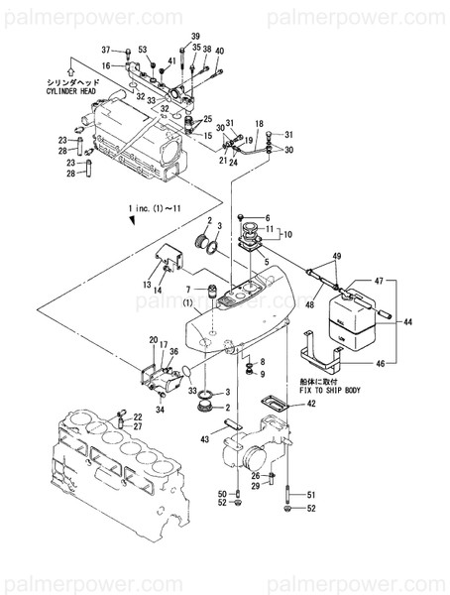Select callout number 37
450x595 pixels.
(x=106, y=50)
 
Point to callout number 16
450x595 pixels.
(x=106, y=66)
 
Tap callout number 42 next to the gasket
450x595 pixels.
(x=311, y=403)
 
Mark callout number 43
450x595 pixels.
(x=206, y=439)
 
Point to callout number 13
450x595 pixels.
(x=145, y=285)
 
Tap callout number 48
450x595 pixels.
(x=311, y=305)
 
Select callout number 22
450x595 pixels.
(x=138, y=416)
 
